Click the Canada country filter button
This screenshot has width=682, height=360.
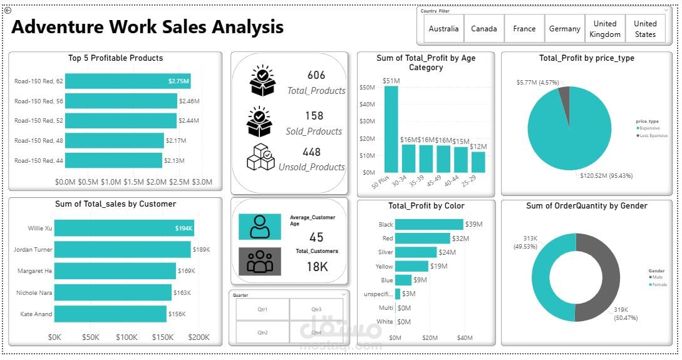tap(484, 29)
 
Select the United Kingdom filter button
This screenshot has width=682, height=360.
tap(605, 29)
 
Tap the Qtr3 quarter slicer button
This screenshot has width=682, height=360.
tap(316, 310)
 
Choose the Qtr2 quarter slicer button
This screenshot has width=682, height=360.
tap(262, 332)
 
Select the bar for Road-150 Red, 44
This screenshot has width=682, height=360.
tap(113, 161)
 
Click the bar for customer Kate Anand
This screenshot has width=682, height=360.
tap(110, 314)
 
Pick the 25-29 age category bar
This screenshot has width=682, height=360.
tap(478, 162)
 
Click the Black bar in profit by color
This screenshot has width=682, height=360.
tap(429, 224)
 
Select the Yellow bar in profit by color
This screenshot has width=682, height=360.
tap(411, 266)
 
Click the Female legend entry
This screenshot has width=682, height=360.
tap(658, 284)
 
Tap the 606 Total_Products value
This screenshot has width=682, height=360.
tap(316, 75)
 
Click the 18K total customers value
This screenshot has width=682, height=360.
tap(317, 267)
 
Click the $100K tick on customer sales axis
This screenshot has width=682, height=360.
tap(127, 337)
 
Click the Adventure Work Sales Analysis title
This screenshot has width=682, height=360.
tap(147, 28)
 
